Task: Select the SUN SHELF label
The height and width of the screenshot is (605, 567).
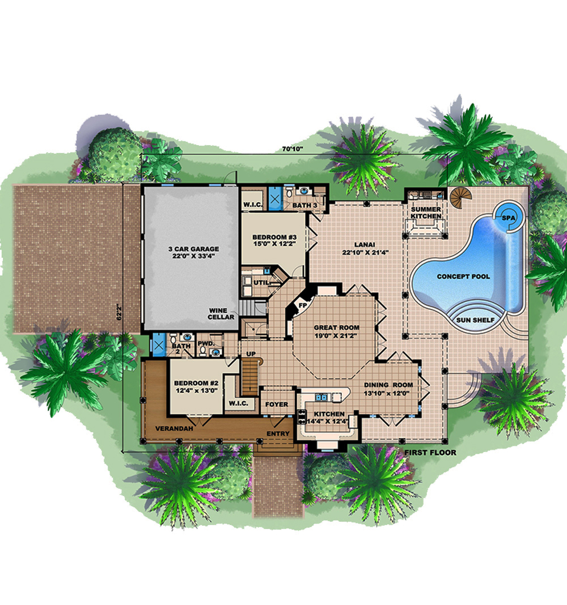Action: point(475,320)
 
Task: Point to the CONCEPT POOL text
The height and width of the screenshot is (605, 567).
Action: point(463,276)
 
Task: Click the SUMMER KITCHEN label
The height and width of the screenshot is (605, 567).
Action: point(426,213)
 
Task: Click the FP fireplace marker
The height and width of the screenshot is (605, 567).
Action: point(303,305)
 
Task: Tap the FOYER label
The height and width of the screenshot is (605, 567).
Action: point(277,404)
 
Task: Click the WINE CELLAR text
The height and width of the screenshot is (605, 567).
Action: point(222,314)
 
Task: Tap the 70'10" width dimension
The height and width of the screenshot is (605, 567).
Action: point(293,148)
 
